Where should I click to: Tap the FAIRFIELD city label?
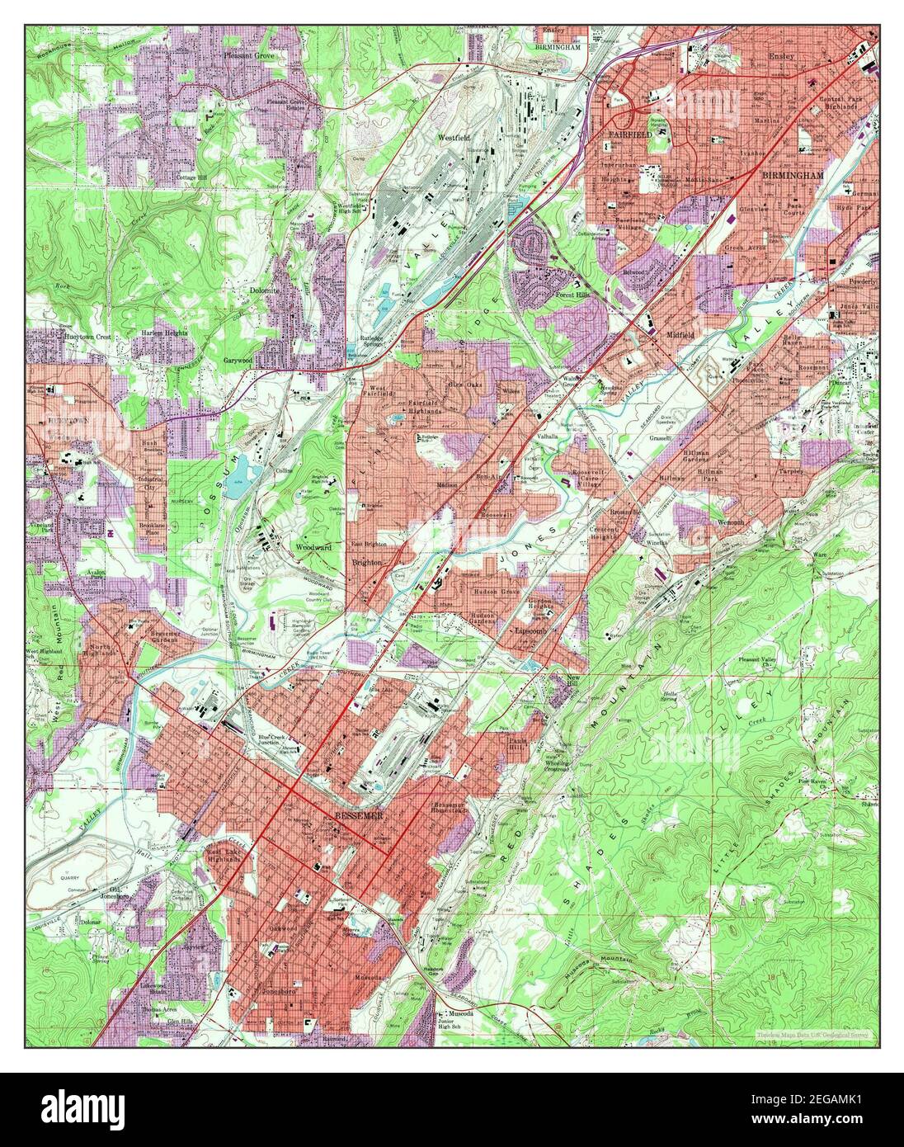coord(630,133)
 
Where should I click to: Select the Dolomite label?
coord(265,291)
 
